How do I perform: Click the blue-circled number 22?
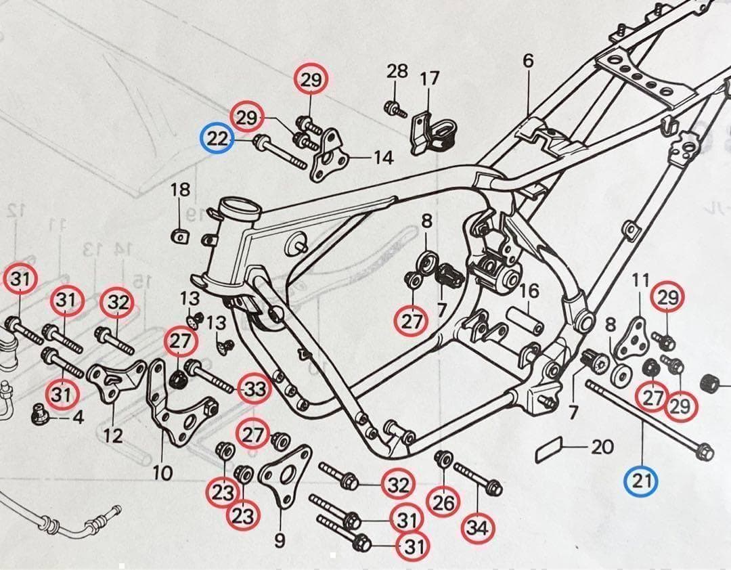point(218,140)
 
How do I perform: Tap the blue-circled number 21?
point(641,481)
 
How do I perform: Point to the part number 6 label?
point(528,60)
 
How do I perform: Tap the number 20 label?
point(602,447)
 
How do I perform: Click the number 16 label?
point(529,291)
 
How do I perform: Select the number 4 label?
point(79,418)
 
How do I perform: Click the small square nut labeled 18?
point(179,236)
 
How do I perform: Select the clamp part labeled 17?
point(430,130)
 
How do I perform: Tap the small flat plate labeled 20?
point(550,449)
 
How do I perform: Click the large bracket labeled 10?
point(172,406)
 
